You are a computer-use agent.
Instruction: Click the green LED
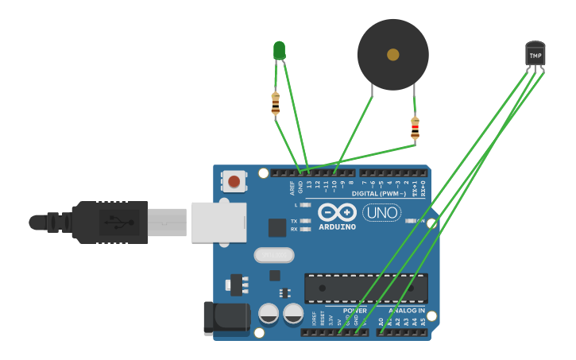click(x=279, y=51)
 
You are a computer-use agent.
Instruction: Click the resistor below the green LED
click(x=276, y=103)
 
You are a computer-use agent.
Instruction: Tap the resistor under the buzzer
click(x=415, y=128)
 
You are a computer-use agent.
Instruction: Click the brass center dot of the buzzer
click(x=393, y=55)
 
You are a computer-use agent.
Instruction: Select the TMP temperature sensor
click(x=535, y=55)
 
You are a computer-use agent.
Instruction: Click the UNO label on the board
click(x=381, y=212)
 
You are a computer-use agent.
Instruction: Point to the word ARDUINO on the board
click(x=337, y=226)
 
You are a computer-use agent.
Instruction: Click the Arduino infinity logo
click(x=337, y=212)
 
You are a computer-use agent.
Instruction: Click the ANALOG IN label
click(x=406, y=310)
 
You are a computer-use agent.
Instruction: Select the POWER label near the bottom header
click(x=354, y=310)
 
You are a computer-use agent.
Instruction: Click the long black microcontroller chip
click(x=365, y=288)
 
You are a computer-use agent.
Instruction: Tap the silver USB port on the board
click(x=218, y=222)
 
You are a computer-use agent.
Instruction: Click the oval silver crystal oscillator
click(x=274, y=255)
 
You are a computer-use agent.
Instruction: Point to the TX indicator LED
click(x=305, y=221)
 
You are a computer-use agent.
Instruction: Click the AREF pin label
click(x=292, y=188)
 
